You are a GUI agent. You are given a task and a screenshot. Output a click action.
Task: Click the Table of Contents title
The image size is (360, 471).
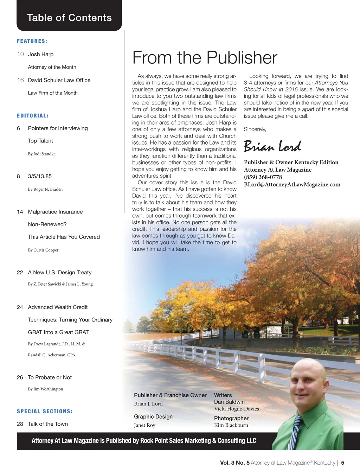(x=69, y=18)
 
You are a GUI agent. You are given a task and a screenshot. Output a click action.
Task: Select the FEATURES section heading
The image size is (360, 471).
(x=32, y=41)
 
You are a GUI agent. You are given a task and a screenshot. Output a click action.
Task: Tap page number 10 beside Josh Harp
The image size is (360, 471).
(x=20, y=54)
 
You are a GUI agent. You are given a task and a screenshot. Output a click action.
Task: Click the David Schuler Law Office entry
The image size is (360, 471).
(x=59, y=80)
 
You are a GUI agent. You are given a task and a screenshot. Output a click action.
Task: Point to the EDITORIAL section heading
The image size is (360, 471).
(x=33, y=116)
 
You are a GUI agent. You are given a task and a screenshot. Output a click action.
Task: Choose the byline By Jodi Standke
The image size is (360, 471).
(x=42, y=154)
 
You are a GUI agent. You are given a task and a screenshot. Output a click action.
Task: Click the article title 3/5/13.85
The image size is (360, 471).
(x=40, y=176)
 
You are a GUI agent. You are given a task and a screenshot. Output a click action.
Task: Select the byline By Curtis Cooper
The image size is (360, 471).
(x=43, y=250)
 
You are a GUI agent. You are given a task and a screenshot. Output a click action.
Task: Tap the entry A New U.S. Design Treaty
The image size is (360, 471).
(x=60, y=273)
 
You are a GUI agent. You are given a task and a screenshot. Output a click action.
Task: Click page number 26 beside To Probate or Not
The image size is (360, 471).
(x=20, y=377)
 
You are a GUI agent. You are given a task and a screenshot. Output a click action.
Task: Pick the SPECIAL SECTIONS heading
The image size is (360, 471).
(x=45, y=411)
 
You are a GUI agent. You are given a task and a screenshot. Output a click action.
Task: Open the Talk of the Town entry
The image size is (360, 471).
(x=48, y=424)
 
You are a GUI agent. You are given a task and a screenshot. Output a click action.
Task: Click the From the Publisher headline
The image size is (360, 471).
(x=205, y=58)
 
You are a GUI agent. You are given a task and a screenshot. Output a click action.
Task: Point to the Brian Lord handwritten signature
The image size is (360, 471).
(x=272, y=146)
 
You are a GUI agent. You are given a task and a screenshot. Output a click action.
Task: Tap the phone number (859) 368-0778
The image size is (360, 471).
(x=263, y=177)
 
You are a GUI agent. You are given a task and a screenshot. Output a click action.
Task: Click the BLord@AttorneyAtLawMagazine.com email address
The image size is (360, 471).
(x=292, y=184)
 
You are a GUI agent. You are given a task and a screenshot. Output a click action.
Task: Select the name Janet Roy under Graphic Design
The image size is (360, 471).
(x=144, y=425)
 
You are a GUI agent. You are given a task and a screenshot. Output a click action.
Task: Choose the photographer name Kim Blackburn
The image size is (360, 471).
(x=231, y=425)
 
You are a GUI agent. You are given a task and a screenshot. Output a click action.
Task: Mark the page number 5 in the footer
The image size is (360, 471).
(x=343, y=463)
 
